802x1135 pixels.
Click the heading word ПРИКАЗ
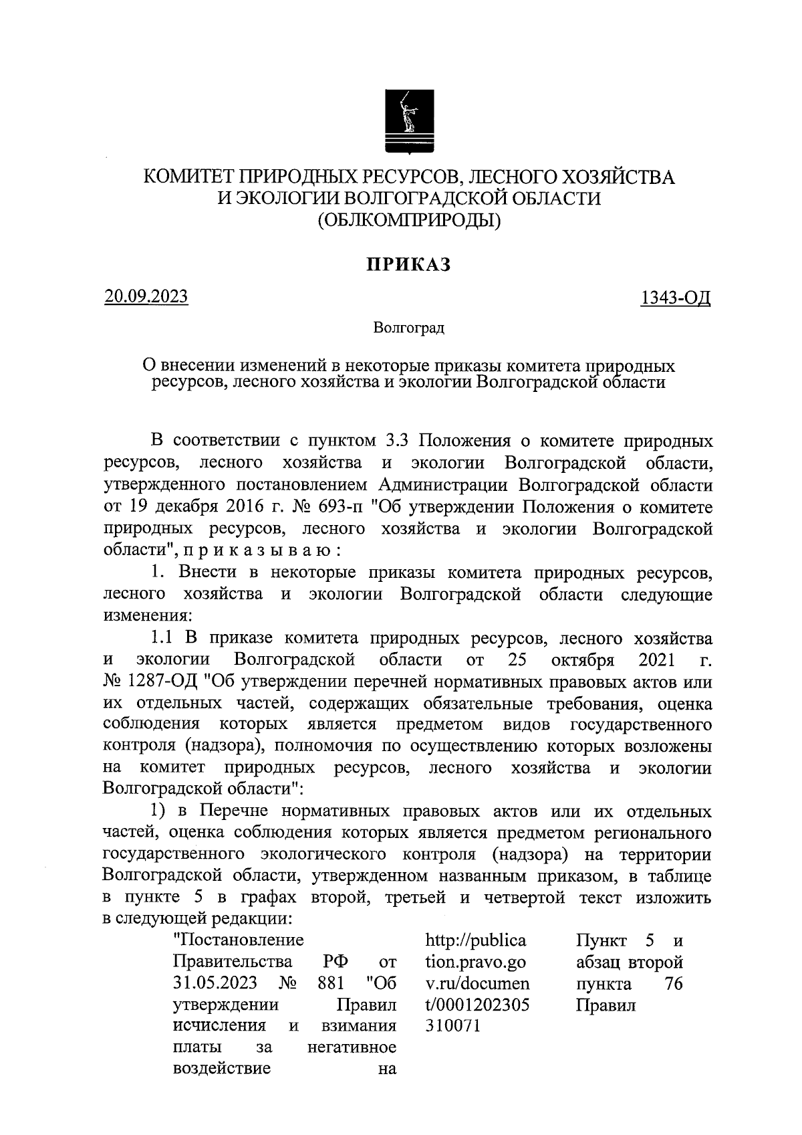pos(408,265)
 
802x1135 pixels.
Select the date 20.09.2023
pos(146,296)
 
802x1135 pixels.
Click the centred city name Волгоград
pos(408,328)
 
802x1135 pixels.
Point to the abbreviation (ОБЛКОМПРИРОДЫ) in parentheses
pos(408,219)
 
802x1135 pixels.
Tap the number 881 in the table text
pos(330,984)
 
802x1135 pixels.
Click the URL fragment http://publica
pos(475,940)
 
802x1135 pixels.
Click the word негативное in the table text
pos(352,1047)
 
